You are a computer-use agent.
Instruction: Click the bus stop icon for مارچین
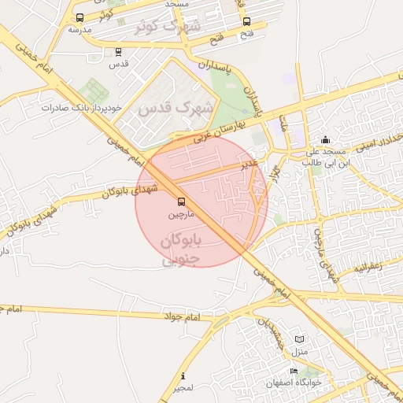182,201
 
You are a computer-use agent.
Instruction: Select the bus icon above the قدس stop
118,53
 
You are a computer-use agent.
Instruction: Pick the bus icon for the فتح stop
247,22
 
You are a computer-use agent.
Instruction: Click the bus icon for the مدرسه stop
79,17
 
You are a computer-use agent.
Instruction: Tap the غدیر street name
249,163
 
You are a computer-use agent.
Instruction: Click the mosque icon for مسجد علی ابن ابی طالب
326,140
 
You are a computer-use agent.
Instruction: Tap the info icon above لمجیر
183,375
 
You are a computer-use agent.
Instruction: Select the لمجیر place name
183,388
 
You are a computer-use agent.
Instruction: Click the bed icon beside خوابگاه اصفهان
294,371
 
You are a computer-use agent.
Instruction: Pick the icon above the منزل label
298,338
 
